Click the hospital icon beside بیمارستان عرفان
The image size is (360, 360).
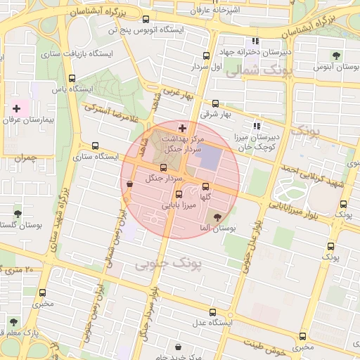click(16, 109)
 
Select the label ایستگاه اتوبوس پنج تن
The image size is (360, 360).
click(145, 31)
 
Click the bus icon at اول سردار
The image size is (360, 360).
click(205, 55)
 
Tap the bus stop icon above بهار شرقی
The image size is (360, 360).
click(215, 103)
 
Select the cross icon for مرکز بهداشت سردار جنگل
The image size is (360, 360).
click(183, 128)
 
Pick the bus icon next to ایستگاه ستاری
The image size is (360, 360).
click(96, 146)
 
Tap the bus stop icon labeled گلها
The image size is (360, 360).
click(205, 186)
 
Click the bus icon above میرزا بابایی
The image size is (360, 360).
click(179, 195)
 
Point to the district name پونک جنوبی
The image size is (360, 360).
click(166, 263)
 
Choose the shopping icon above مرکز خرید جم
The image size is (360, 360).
click(177, 347)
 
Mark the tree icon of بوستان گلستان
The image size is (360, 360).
click(18, 214)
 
